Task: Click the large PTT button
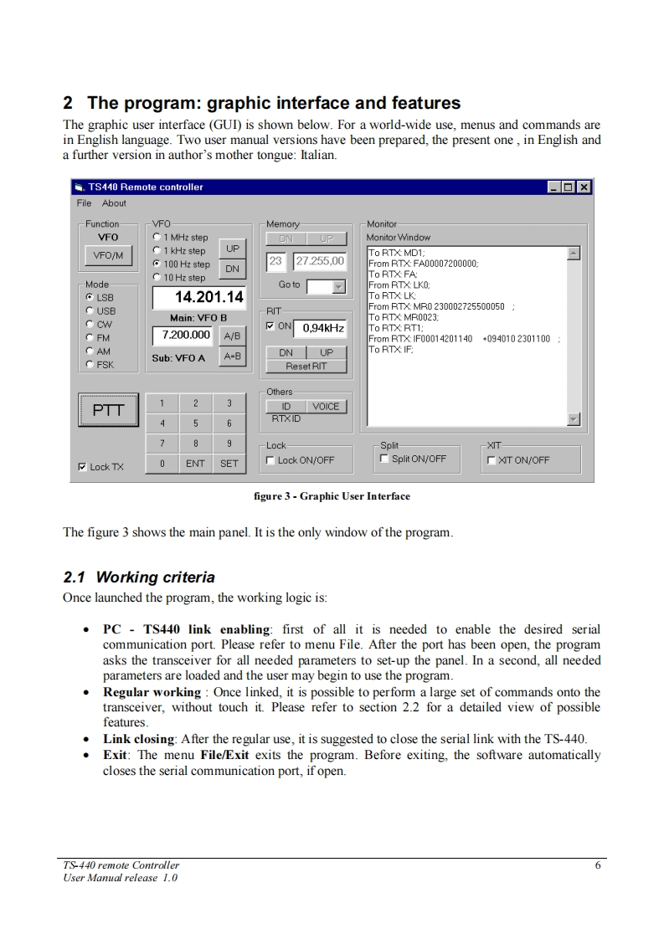[x=108, y=409]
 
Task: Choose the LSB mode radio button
[x=90, y=297]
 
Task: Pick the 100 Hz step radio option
[x=157, y=264]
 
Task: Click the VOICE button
[x=326, y=407]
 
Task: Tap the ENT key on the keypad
[x=195, y=464]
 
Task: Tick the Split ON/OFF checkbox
[x=384, y=459]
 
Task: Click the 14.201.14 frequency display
[x=198, y=297]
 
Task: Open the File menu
[x=84, y=203]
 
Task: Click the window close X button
[x=583, y=187]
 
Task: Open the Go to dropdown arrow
[x=339, y=287]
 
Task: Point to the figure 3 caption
[x=332, y=496]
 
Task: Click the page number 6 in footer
[x=597, y=865]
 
